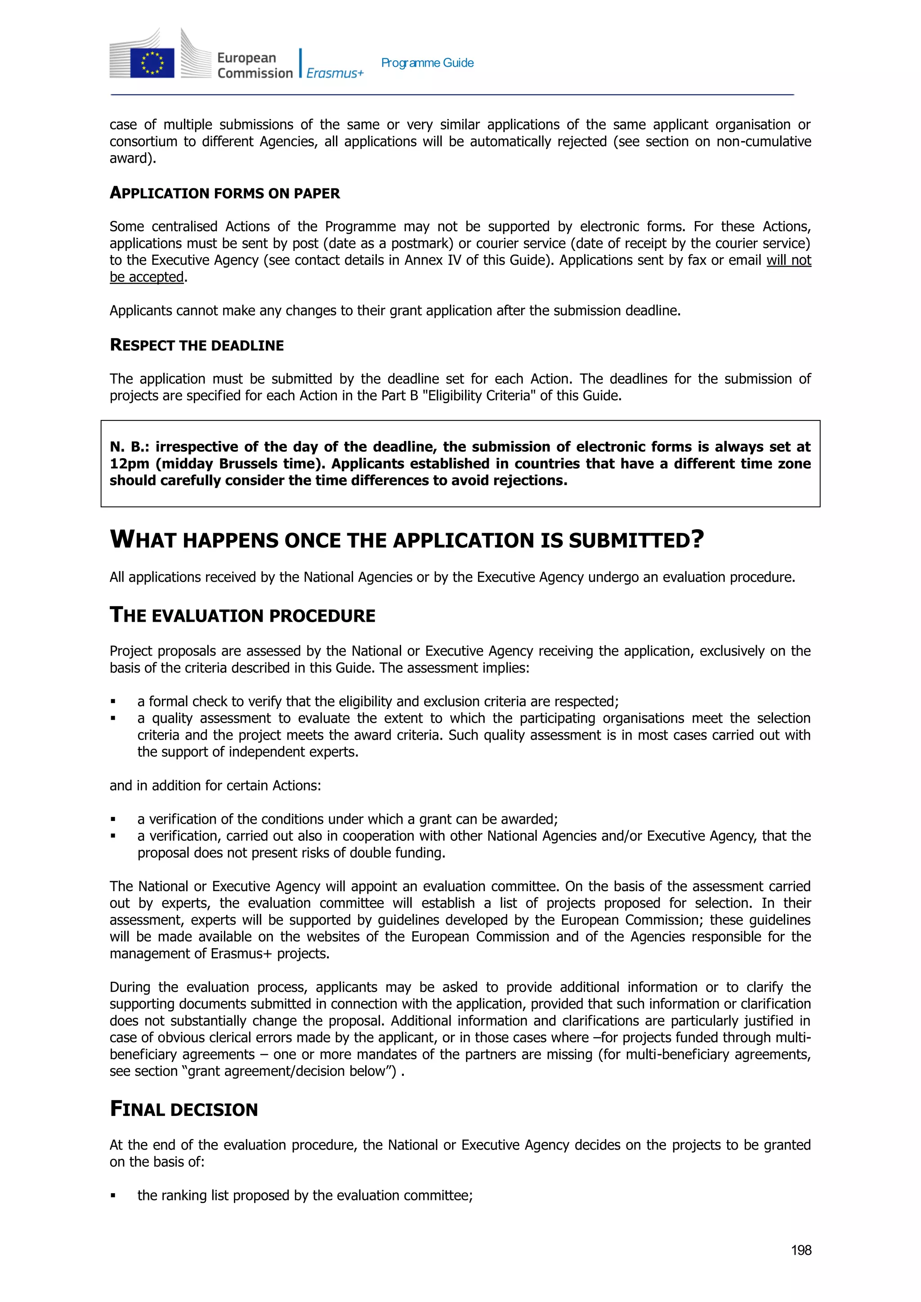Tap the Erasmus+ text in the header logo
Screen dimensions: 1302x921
tap(335, 73)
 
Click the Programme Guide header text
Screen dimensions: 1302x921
tap(427, 63)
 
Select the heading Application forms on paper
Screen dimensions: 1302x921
tap(224, 193)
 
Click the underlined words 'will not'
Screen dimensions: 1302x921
tap(788, 260)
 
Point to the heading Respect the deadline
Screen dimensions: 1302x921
tap(197, 345)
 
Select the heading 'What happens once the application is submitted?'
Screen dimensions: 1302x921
tap(407, 540)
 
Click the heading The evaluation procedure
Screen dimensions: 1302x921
tap(242, 615)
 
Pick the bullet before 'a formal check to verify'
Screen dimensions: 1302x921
tap(113, 702)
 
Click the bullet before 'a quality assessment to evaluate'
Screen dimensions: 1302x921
tap(113, 718)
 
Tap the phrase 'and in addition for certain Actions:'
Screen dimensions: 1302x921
tap(215, 785)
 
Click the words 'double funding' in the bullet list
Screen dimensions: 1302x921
tap(397, 853)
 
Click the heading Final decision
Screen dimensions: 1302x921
tap(184, 1109)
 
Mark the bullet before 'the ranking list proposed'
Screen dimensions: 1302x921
tap(113, 1196)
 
